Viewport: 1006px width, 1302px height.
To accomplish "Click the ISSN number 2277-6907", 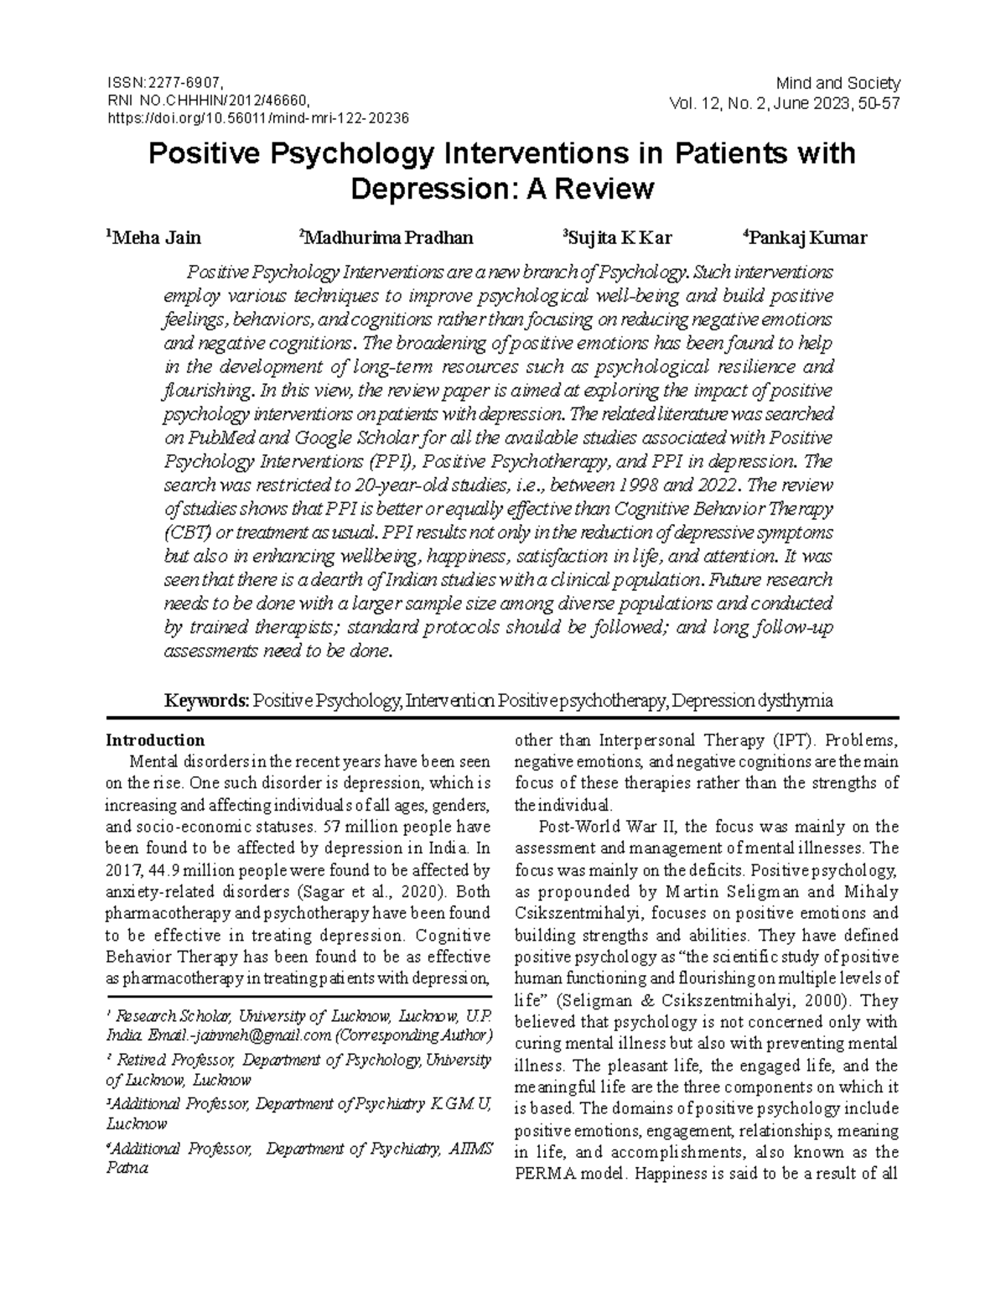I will (184, 83).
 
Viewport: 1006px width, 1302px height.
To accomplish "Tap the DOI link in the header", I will (257, 118).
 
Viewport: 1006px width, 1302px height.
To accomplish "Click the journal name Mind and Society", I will (837, 83).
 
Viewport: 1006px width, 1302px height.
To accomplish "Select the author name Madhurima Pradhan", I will (388, 238).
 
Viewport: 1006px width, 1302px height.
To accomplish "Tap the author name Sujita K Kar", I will (619, 238).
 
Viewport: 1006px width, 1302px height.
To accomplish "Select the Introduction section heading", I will (154, 740).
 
